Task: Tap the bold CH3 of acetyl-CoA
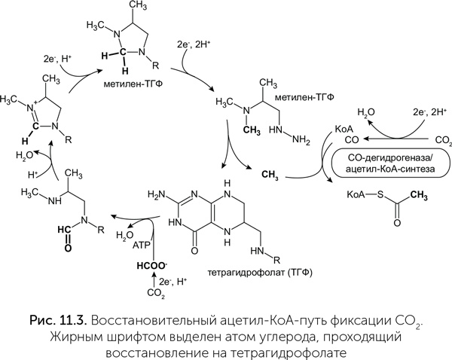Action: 430,195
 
